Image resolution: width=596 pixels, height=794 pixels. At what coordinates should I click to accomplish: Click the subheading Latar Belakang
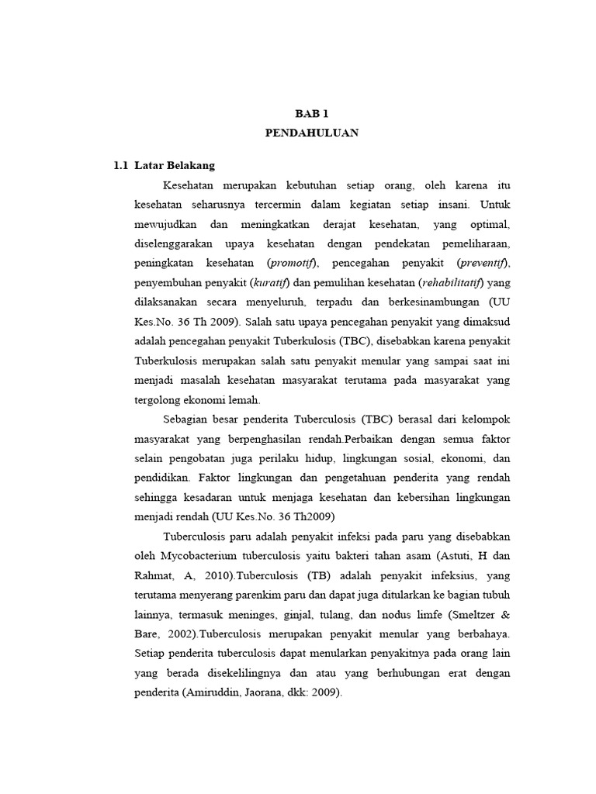(175, 166)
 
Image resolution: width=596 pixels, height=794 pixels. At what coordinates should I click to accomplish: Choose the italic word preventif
(482, 263)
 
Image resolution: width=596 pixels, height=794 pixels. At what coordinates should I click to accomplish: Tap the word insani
(450, 205)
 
